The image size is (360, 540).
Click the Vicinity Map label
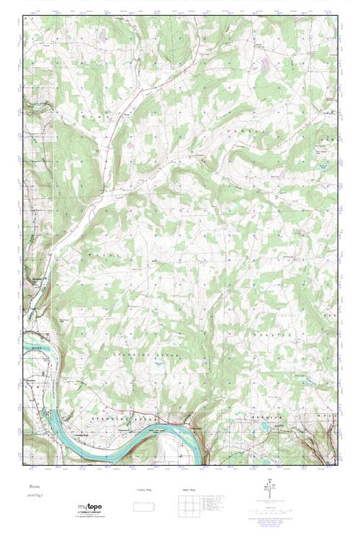[144, 490]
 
